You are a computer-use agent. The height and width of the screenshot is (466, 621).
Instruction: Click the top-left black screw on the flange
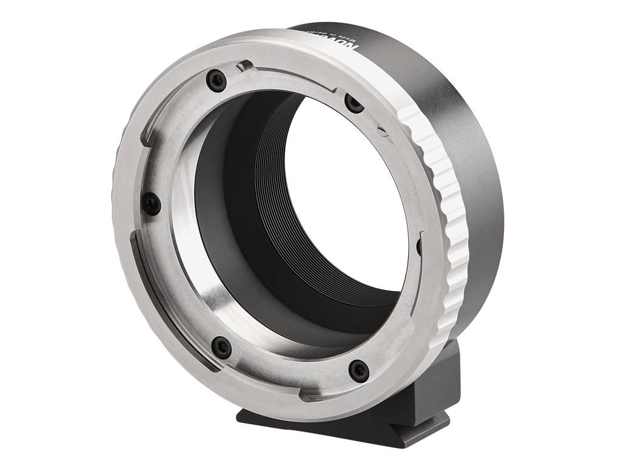(x=216, y=79)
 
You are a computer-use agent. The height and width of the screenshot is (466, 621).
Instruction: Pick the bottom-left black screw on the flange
(x=222, y=347)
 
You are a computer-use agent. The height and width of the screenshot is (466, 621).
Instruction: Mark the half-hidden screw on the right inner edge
(x=418, y=246)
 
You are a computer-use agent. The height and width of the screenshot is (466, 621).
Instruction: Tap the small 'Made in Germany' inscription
(x=334, y=35)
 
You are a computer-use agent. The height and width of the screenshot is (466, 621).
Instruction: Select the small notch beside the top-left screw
(x=243, y=66)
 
